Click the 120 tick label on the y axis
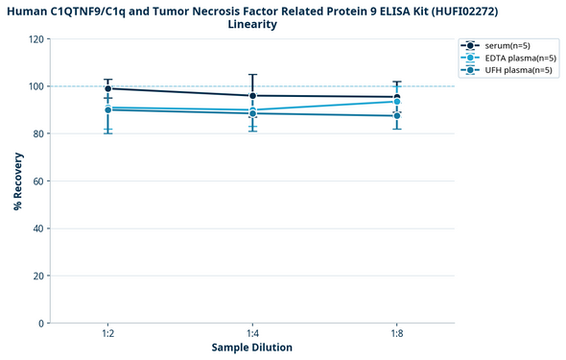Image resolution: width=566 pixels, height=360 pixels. point(35,39)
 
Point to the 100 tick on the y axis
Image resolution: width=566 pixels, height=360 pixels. point(35,86)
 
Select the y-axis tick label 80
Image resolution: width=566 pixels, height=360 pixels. point(38,133)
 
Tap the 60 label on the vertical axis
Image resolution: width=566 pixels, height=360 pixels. point(38,181)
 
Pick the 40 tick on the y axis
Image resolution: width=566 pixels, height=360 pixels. point(38,228)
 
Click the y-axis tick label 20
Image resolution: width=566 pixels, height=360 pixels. point(38,276)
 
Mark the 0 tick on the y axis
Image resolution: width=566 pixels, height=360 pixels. point(41,324)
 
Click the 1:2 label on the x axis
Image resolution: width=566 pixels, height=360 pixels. point(108,333)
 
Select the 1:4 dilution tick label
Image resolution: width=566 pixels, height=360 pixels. point(252,333)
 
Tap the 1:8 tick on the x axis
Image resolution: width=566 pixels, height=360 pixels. point(397,333)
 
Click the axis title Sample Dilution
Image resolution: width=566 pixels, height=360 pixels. point(252,348)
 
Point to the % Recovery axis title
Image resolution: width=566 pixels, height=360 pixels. point(18,180)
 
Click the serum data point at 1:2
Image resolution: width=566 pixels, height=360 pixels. point(108,88)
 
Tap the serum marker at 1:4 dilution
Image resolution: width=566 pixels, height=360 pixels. point(252,96)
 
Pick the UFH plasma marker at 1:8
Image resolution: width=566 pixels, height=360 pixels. point(397,116)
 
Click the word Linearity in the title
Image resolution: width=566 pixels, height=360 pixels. point(252,25)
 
